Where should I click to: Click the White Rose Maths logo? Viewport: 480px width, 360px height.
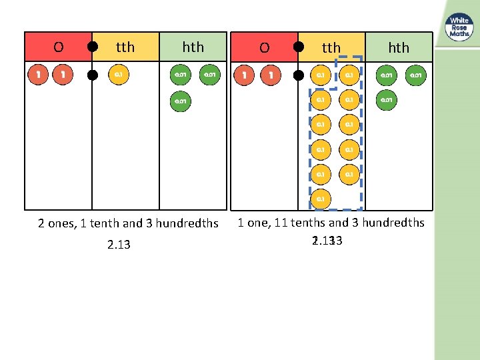(459, 28)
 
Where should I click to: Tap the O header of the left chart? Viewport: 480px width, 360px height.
(59, 47)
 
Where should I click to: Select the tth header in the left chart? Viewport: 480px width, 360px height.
(125, 47)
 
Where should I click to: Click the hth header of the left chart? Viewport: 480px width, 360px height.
(193, 47)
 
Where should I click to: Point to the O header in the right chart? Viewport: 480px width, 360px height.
(264, 47)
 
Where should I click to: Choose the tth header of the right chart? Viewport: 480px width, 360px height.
(331, 47)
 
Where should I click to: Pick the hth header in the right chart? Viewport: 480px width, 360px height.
(399, 47)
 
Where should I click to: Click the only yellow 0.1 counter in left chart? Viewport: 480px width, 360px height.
(118, 75)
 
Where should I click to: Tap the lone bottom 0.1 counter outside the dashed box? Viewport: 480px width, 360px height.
(321, 199)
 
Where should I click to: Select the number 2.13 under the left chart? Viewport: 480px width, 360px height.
(119, 245)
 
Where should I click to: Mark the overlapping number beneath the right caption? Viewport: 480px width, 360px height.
(327, 240)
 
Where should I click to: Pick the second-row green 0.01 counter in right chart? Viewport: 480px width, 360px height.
(385, 100)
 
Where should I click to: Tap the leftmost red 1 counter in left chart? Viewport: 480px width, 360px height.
(39, 75)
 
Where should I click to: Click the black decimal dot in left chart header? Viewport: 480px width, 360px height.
(93, 47)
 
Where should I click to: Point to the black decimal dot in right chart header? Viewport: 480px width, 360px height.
(299, 47)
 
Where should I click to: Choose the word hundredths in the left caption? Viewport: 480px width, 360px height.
(185, 223)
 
